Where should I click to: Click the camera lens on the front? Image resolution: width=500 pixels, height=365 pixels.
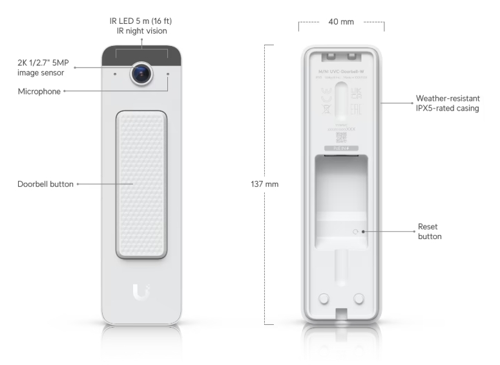point(141,74)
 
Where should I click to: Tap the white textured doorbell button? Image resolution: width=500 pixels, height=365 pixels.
point(141,183)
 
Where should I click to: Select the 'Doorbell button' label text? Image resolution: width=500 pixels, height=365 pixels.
point(46,184)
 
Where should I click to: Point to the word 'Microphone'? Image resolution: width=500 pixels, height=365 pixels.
point(39,92)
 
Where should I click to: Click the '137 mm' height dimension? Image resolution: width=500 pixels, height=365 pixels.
point(264,184)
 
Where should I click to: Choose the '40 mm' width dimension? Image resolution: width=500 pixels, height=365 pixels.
point(341,22)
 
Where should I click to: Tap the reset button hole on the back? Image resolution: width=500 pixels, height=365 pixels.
point(354,231)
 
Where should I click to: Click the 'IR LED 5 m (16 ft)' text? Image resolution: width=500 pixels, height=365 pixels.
point(140,21)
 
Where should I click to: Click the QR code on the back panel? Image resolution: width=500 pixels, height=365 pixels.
point(341,137)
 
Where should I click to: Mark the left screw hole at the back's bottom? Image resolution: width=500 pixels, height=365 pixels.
point(325,298)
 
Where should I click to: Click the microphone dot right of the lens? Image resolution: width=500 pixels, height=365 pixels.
point(168,74)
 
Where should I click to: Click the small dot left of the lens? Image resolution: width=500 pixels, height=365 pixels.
point(115,74)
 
